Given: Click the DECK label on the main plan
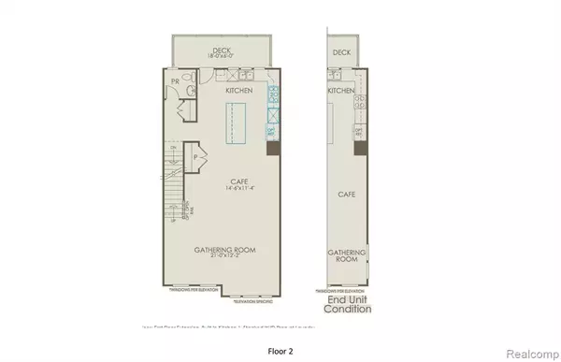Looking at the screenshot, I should click(222, 51).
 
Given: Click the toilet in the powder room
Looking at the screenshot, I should click(190, 90).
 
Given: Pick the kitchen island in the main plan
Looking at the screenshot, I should click(236, 124).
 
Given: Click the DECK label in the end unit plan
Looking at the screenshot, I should click(341, 53).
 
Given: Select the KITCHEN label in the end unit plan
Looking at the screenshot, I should click(341, 92).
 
